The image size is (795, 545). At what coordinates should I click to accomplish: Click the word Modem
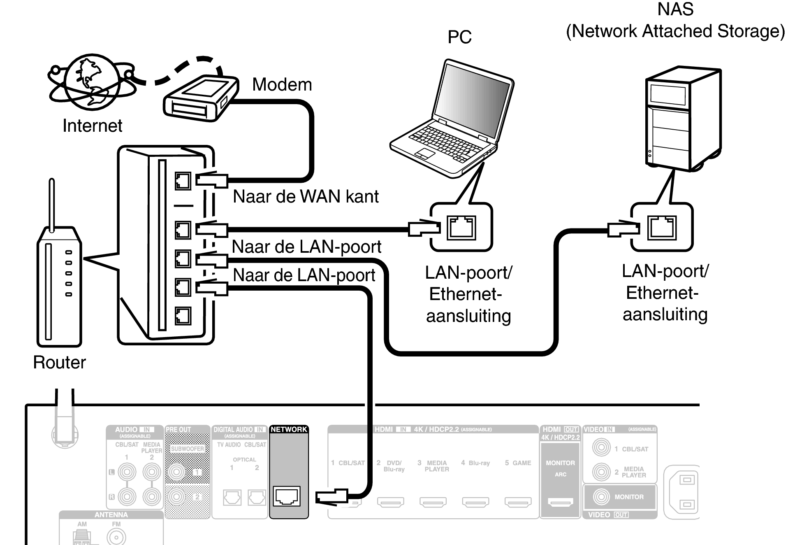tap(282, 85)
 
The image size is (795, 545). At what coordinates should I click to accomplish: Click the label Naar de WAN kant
tap(305, 197)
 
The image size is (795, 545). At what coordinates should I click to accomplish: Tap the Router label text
tap(59, 363)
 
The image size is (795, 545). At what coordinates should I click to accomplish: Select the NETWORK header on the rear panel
tap(289, 429)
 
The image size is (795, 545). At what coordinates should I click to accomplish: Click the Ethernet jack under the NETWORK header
tap(287, 496)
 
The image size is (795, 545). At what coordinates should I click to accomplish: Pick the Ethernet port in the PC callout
tap(461, 228)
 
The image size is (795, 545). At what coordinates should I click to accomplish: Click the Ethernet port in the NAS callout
tap(662, 228)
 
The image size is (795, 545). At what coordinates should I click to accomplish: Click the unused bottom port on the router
tap(183, 316)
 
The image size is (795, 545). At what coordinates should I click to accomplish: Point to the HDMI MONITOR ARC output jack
tap(560, 502)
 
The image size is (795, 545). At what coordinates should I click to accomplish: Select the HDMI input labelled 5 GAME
tap(518, 502)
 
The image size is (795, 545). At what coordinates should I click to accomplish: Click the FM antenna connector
tap(116, 537)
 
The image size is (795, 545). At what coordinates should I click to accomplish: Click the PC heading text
tap(459, 37)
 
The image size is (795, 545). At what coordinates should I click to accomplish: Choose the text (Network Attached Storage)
tap(675, 31)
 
